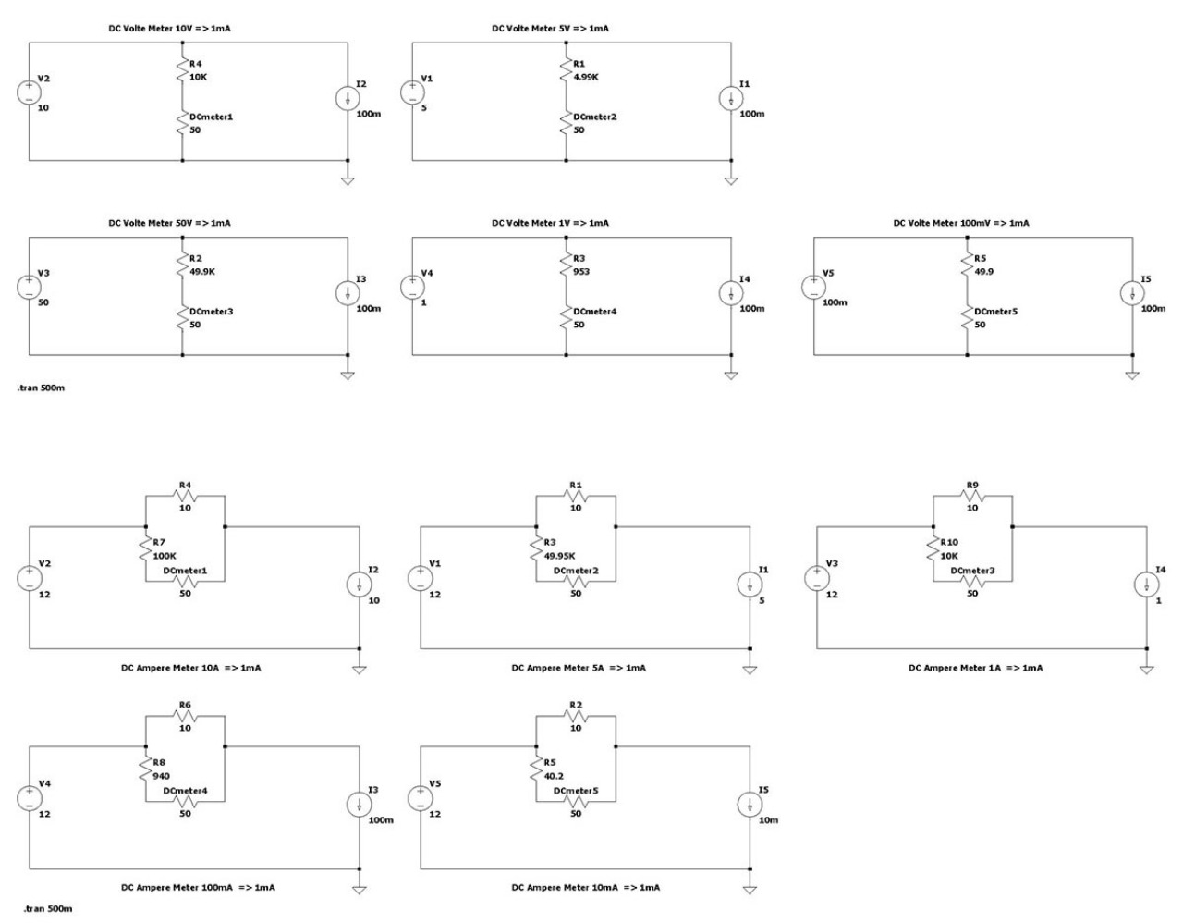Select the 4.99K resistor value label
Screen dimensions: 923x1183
pyautogui.click(x=586, y=77)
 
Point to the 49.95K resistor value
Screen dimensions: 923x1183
pyautogui.click(x=560, y=556)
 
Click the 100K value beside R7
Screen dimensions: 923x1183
pyautogui.click(x=165, y=555)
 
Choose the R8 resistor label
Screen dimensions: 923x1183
pyautogui.click(x=160, y=763)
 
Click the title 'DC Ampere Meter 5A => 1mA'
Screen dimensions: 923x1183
pyautogui.click(x=579, y=668)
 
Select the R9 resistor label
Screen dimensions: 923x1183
pyautogui.click(x=971, y=485)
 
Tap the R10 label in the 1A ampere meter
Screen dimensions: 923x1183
pyautogui.click(x=949, y=542)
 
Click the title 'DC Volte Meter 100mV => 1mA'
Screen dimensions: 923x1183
pyautogui.click(x=960, y=223)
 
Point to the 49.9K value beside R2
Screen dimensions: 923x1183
pyautogui.click(x=201, y=272)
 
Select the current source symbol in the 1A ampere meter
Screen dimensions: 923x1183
pyautogui.click(x=1147, y=585)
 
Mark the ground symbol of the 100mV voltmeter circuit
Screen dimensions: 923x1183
pyautogui.click(x=1132, y=375)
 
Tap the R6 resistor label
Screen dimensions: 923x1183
pyautogui.click(x=185, y=705)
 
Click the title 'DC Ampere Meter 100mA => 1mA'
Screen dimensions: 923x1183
pyautogui.click(x=198, y=888)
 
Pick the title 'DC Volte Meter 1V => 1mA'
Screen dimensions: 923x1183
pyautogui.click(x=550, y=223)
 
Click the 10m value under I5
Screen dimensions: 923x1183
pyautogui.click(x=768, y=820)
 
